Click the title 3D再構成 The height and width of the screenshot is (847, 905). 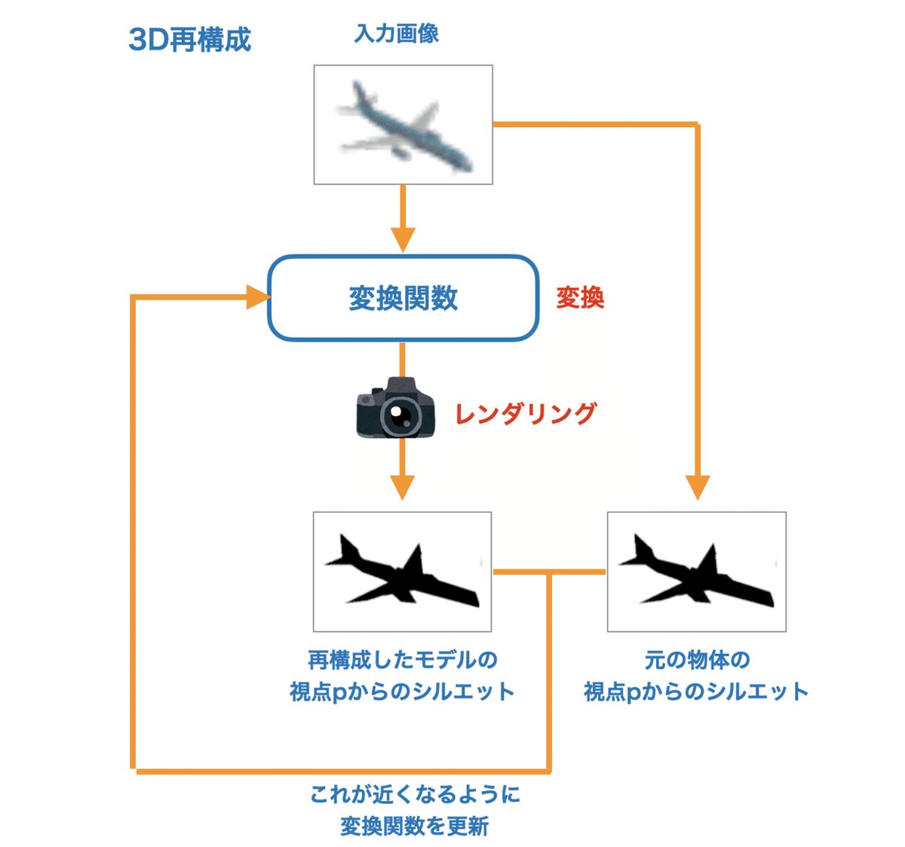pyautogui.click(x=189, y=39)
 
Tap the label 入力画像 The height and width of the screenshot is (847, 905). pyautogui.click(x=396, y=34)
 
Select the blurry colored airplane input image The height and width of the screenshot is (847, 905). pyautogui.click(x=403, y=124)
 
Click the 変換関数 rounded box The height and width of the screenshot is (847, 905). pyautogui.click(x=403, y=298)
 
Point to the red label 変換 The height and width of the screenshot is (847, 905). pyautogui.click(x=580, y=298)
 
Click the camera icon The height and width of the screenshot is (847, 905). pyautogui.click(x=395, y=408)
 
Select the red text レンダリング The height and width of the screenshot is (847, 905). pyautogui.click(x=526, y=413)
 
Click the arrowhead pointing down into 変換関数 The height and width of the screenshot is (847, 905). pyautogui.click(x=403, y=240)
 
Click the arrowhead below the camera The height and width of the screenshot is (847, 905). pyautogui.click(x=403, y=487)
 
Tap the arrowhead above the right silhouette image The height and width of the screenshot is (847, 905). pyautogui.click(x=698, y=487)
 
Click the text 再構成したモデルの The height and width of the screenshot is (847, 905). pyautogui.click(x=403, y=660)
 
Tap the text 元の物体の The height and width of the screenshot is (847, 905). pyautogui.click(x=697, y=660)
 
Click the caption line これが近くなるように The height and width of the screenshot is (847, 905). pyautogui.click(x=415, y=794)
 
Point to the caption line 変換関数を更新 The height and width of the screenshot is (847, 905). pyautogui.click(x=415, y=826)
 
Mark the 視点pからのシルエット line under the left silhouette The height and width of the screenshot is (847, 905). pyautogui.click(x=403, y=692)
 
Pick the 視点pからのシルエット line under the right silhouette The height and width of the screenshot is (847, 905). pyautogui.click(x=697, y=692)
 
